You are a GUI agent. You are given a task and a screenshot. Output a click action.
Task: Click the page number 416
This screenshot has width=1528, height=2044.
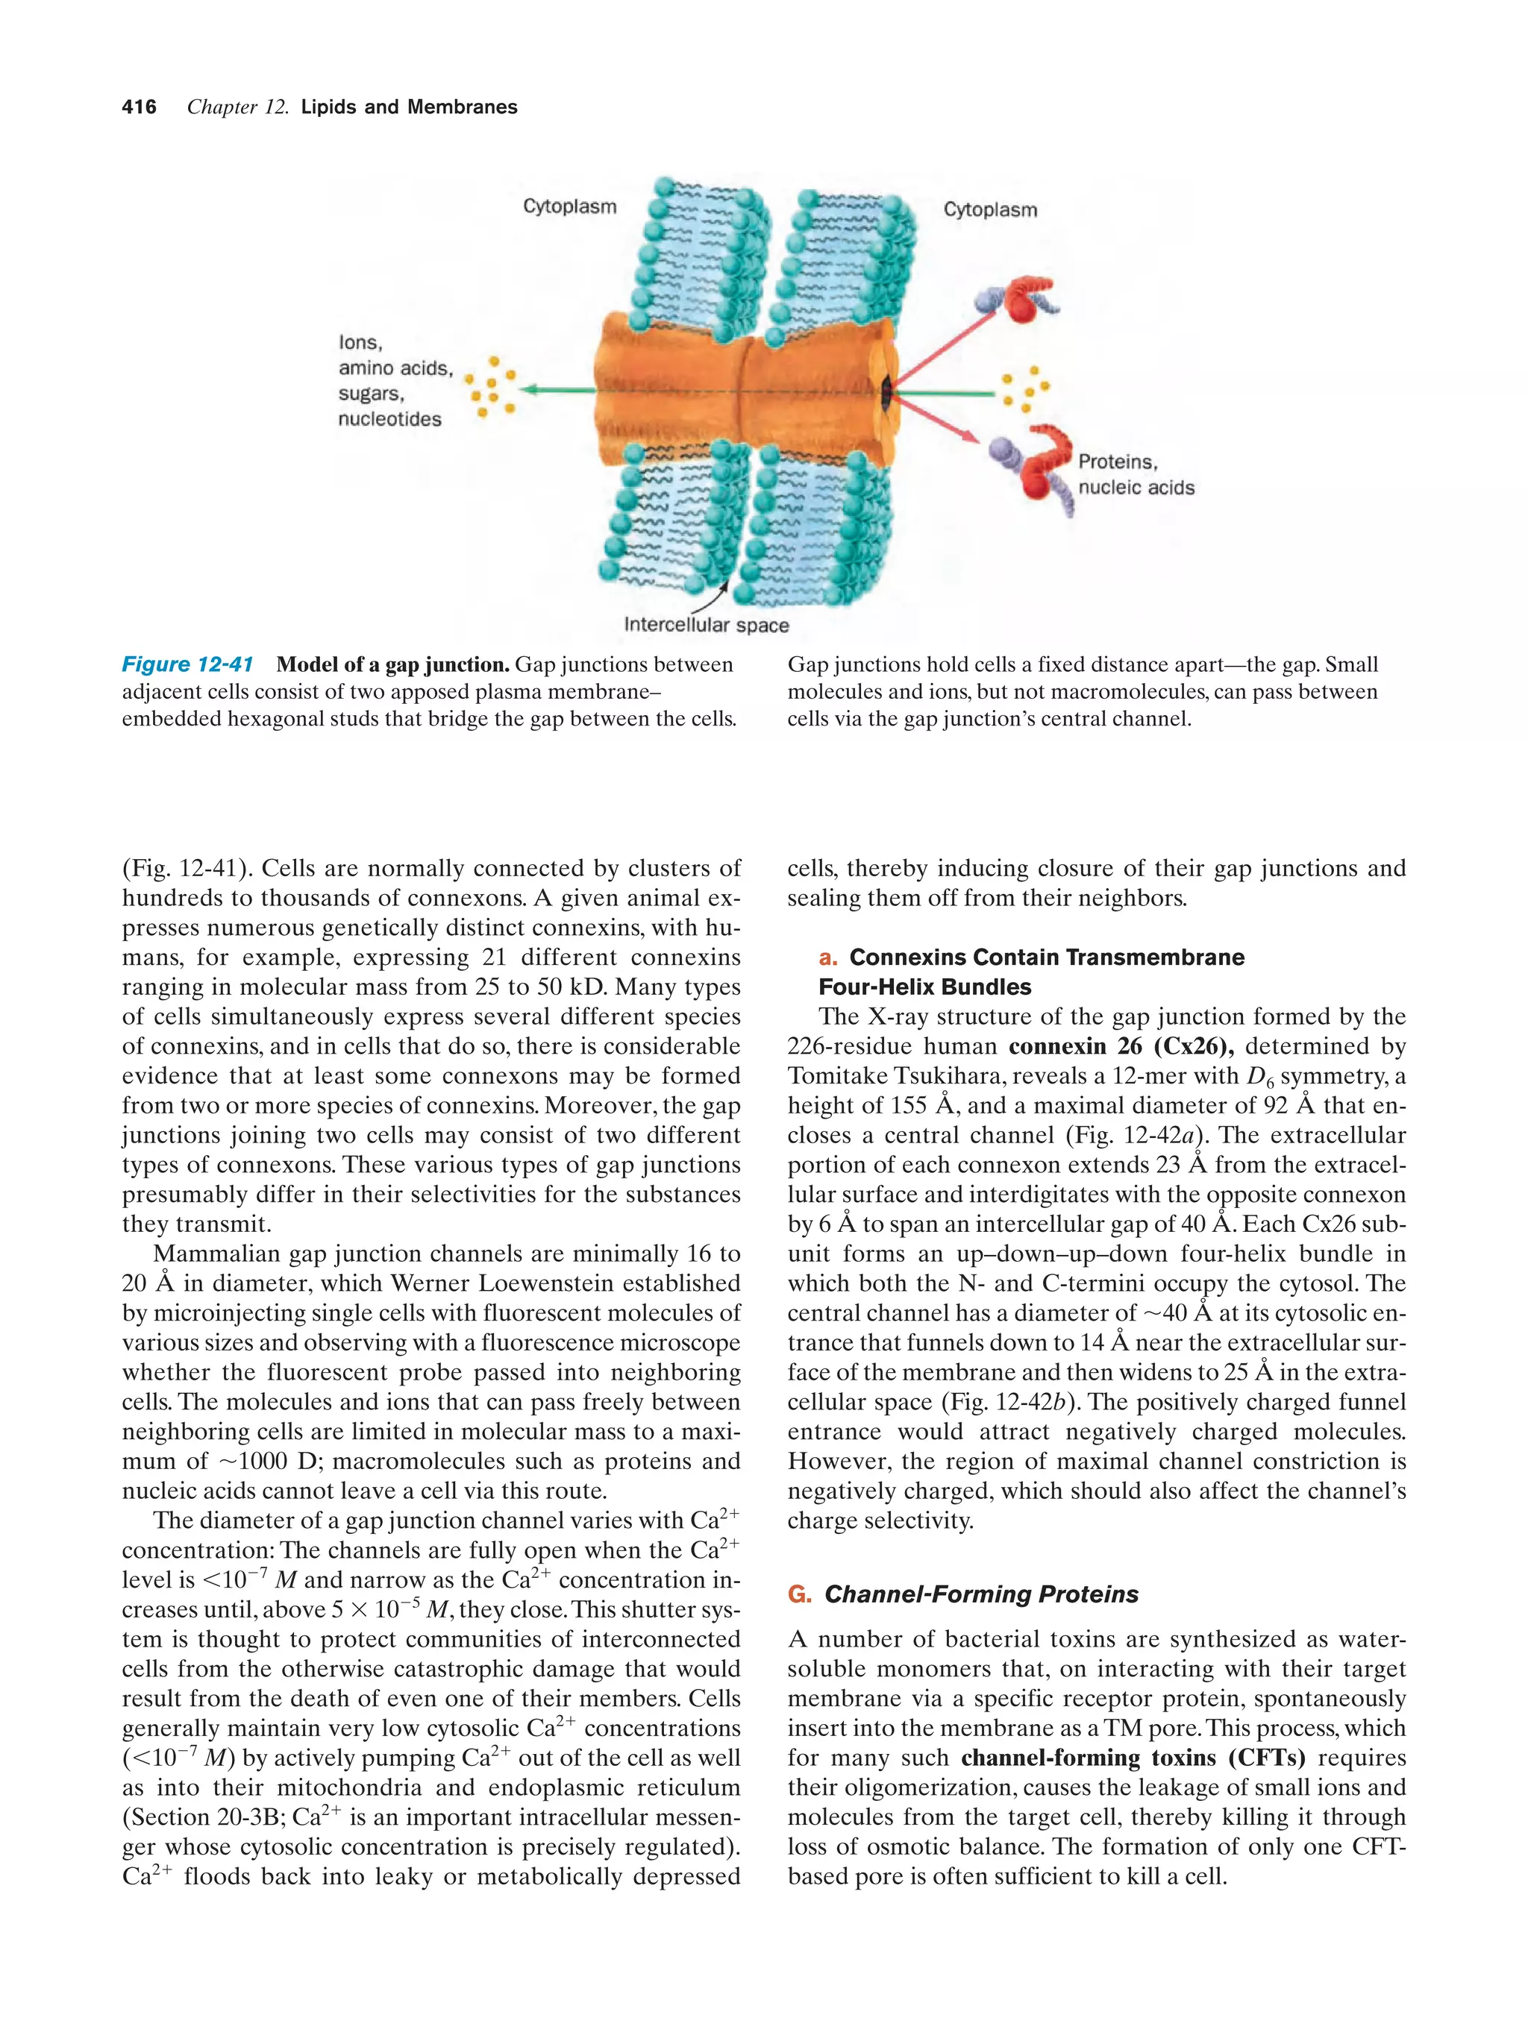tap(139, 107)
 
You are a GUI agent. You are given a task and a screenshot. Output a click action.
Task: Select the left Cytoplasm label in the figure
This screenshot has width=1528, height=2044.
tap(569, 206)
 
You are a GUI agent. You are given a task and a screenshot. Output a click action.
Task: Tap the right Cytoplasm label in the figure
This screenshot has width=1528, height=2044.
tap(990, 210)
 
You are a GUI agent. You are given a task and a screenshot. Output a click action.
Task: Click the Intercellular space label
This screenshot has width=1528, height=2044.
tap(707, 625)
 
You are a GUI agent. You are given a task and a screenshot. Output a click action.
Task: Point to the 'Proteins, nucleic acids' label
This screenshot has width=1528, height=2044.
tap(1135, 475)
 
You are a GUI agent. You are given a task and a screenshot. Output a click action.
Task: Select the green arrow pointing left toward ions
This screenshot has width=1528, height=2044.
tap(560, 390)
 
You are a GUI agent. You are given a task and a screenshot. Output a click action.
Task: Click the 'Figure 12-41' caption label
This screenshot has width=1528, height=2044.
tap(188, 664)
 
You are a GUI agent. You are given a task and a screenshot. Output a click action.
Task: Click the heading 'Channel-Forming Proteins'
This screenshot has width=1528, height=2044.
tap(981, 1594)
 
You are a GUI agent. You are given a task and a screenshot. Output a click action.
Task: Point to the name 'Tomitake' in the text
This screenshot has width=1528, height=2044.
tap(834, 1075)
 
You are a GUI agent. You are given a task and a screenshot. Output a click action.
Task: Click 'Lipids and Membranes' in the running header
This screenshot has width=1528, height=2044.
tap(409, 107)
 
